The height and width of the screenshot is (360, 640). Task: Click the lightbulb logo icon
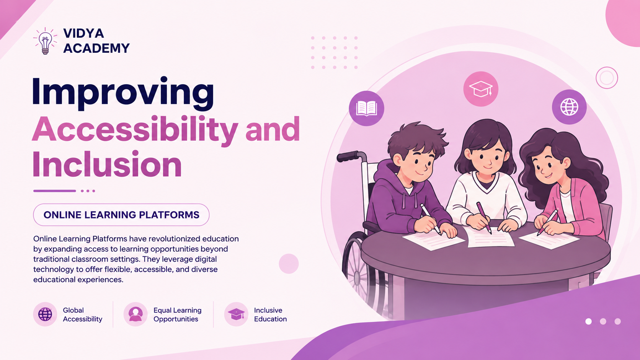tap(45, 41)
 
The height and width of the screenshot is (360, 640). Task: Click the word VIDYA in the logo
tap(83, 33)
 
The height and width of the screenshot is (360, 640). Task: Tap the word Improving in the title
tap(123, 93)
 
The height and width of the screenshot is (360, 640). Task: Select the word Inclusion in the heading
tap(107, 165)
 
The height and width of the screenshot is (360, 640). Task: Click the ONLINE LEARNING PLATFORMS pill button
tap(121, 215)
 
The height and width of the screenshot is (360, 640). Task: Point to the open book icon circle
tap(366, 109)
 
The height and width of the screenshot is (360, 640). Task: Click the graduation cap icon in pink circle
tap(481, 89)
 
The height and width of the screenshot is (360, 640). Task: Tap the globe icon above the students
tap(569, 107)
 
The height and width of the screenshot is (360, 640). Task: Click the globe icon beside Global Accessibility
tap(45, 314)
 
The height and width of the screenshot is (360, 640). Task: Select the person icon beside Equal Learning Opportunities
tap(136, 314)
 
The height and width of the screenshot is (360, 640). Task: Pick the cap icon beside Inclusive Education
tap(236, 314)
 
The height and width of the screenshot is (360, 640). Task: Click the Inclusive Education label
tap(270, 314)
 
